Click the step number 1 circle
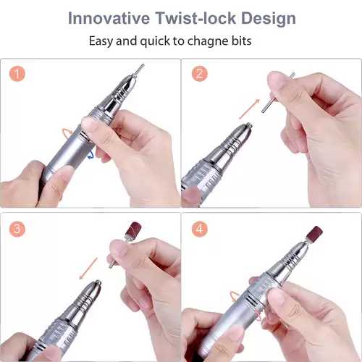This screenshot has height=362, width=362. click(x=17, y=74)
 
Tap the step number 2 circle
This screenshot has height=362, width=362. click(x=200, y=74)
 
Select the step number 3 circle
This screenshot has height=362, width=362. click(x=17, y=229)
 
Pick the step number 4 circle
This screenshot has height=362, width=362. click(x=200, y=229)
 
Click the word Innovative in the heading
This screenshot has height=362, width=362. click(x=109, y=18)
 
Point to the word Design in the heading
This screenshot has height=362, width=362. click(x=269, y=19)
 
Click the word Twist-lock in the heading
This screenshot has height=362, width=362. click(x=195, y=18)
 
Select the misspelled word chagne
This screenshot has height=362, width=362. click(x=209, y=41)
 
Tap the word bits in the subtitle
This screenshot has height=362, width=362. click(x=242, y=41)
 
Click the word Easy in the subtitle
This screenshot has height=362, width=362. click(x=101, y=41)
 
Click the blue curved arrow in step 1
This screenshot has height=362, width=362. click(x=90, y=154)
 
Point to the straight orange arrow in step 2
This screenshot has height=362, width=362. click(x=249, y=109)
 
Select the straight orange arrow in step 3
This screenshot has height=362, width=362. click(x=88, y=269)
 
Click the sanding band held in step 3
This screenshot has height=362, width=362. click(x=133, y=230)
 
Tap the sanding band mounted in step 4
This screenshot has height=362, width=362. click(x=314, y=234)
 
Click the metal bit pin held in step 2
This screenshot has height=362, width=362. click(x=277, y=93)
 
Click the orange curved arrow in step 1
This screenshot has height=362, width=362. click(x=67, y=132)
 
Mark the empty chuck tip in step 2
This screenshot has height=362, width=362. click(x=248, y=126)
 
